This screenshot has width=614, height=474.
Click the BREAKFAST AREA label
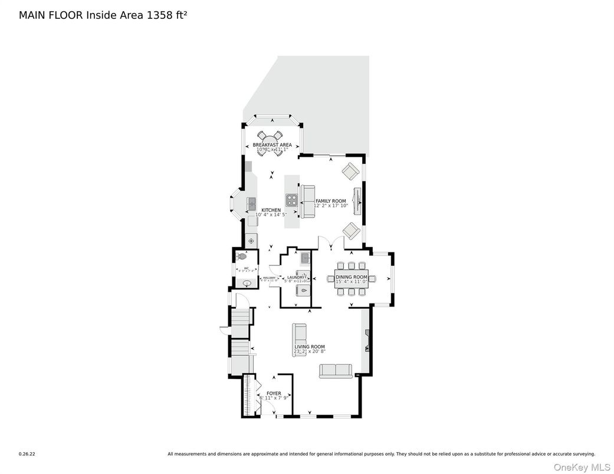tap(272, 144)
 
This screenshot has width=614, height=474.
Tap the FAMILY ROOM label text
tap(330, 201)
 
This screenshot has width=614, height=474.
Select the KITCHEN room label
tap(271, 210)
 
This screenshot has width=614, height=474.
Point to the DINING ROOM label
tap(352, 277)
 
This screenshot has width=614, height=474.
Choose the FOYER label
tap(274, 393)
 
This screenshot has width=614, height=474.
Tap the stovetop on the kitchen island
tap(291, 200)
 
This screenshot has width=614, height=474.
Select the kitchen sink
tap(251, 203)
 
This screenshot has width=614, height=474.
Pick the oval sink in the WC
tap(248, 283)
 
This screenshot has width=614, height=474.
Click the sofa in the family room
tap(307, 202)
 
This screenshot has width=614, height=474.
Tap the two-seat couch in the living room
tap(335, 370)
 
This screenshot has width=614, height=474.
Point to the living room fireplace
tap(367, 341)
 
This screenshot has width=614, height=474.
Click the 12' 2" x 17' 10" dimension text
tap(331, 206)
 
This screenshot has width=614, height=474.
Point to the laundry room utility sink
tap(305, 258)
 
